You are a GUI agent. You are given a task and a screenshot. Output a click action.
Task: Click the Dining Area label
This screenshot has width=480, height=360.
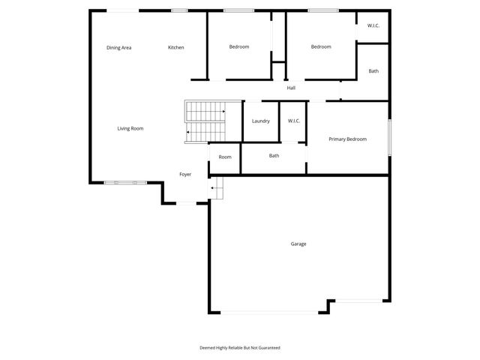[x=119, y=48]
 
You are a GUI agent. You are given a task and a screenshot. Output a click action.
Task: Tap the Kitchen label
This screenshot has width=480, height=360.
[x=176, y=48]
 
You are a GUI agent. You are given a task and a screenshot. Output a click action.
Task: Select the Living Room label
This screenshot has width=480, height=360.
[x=130, y=128]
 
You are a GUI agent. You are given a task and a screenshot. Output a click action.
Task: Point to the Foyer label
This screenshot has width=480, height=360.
[x=185, y=175]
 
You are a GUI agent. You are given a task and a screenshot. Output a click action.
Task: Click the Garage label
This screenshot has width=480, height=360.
[x=298, y=244]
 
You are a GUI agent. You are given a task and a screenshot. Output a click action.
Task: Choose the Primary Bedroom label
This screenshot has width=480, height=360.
[x=348, y=139]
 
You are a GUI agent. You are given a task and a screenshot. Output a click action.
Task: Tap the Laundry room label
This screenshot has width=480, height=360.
[x=261, y=121]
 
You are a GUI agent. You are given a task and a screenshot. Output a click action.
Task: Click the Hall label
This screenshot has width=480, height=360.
[x=291, y=88]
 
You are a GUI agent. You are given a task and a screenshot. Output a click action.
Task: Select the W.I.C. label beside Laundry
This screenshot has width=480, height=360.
[x=293, y=121]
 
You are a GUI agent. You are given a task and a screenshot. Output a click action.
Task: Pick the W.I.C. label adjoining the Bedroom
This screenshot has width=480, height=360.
[x=373, y=26]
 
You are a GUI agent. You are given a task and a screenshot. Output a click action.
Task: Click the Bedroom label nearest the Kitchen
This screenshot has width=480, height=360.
[x=239, y=47]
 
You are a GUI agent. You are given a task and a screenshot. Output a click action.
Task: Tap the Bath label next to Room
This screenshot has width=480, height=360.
[x=274, y=156]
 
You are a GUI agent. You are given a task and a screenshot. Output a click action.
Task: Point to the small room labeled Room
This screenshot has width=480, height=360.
[x=225, y=157]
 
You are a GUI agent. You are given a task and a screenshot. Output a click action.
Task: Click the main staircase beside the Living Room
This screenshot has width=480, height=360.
[x=205, y=122]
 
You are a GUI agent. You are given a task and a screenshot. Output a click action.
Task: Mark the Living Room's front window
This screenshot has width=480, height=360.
[x=125, y=182]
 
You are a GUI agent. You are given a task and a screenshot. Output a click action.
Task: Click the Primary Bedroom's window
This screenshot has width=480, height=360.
[x=389, y=137]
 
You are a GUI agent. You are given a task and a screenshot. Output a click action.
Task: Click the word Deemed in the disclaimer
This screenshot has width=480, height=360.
[x=208, y=348]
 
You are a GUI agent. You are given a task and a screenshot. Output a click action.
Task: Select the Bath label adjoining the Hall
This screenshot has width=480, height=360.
[x=373, y=71]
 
